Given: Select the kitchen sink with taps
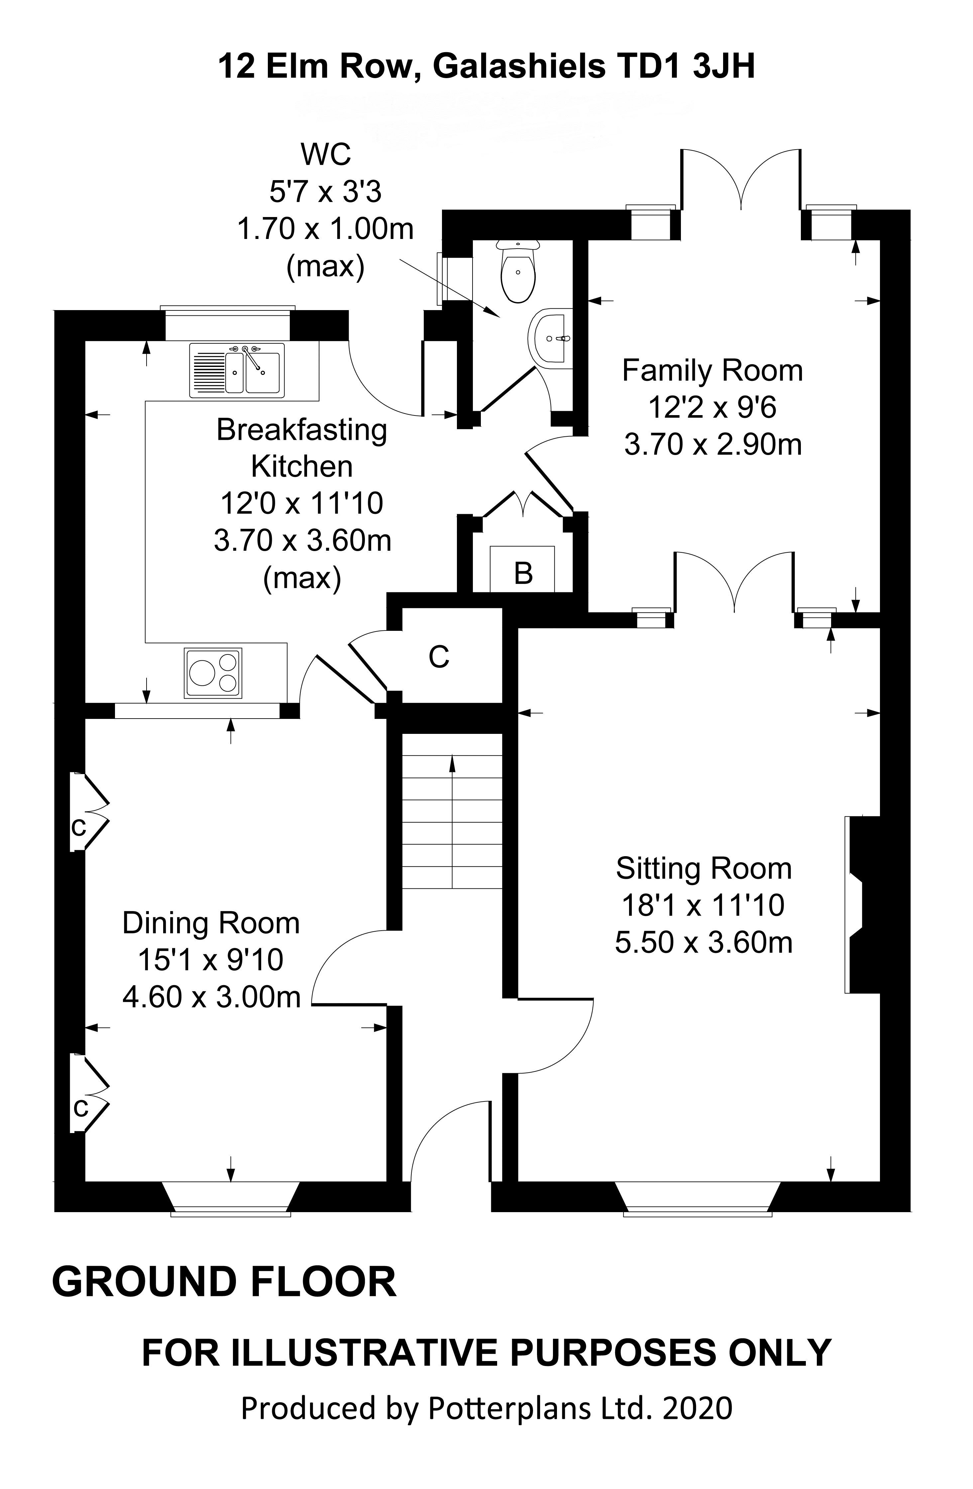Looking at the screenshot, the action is pos(238,370).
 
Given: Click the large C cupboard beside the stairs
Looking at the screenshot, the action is pos(439,656).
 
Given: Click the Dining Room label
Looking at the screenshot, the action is pos(211,923).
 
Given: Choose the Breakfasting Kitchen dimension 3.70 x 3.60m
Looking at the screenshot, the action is pos(303,540).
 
